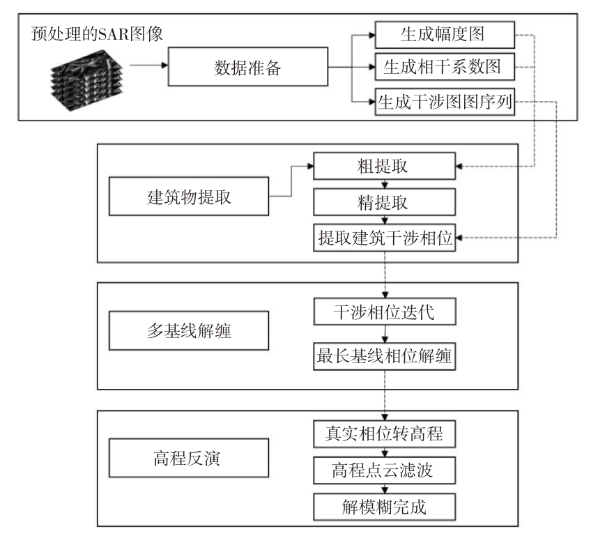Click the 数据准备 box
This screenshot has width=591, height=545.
[x=247, y=67]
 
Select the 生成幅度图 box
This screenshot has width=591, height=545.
[x=445, y=35]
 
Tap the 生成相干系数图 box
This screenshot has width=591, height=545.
[x=445, y=67]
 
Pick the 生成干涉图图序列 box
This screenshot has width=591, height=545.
[x=445, y=102]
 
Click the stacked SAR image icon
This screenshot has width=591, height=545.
[x=86, y=80]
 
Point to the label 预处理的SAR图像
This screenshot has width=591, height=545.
[x=97, y=33]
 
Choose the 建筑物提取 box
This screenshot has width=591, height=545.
[x=189, y=197]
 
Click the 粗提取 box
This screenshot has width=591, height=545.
[x=385, y=166]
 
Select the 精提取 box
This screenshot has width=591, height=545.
[x=385, y=202]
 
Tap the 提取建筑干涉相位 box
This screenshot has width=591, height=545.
[x=385, y=238]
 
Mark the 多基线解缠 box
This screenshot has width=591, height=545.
[x=189, y=330]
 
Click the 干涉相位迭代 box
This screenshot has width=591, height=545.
[x=385, y=312]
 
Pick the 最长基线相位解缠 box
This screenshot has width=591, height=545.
[x=385, y=356]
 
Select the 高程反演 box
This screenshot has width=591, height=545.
[x=189, y=458]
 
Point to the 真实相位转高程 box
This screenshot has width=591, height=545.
[x=385, y=433]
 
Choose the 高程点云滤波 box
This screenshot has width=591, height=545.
[x=385, y=470]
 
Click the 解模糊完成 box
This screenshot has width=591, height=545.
[x=385, y=507]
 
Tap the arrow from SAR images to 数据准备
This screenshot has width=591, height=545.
[x=148, y=66]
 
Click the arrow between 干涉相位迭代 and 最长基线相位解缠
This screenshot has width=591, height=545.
[x=385, y=334]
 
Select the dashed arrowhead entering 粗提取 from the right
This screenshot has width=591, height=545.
[x=459, y=166]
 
